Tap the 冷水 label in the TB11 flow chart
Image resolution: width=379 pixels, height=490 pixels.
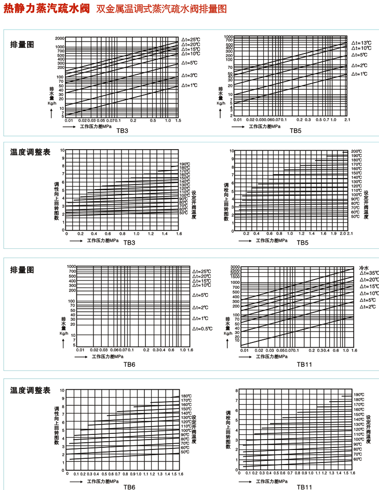tap(364, 267)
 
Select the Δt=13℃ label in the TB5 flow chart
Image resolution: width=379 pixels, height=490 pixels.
tap(362, 42)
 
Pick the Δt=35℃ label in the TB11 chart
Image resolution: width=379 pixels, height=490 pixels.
tap(368, 273)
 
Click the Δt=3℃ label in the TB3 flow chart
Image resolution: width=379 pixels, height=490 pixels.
tap(190, 75)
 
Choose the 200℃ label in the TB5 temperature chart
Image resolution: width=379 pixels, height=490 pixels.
tap(356, 151)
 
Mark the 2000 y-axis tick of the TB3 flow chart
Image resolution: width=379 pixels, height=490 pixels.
tap(60, 39)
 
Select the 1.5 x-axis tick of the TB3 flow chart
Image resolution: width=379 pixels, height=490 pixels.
tap(178, 121)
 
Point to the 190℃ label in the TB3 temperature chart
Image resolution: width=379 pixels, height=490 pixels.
tap(185, 165)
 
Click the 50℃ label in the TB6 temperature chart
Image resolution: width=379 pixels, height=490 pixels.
tap(185, 452)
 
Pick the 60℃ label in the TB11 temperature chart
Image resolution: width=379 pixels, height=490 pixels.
tap(358, 459)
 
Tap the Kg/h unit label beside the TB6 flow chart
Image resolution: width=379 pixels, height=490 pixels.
tap(64, 333)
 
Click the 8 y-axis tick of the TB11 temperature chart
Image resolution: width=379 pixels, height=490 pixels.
tap(236, 390)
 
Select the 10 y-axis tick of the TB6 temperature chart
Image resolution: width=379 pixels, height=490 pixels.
tap(62, 390)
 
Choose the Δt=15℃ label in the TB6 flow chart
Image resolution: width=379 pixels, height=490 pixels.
tap(201, 281)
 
